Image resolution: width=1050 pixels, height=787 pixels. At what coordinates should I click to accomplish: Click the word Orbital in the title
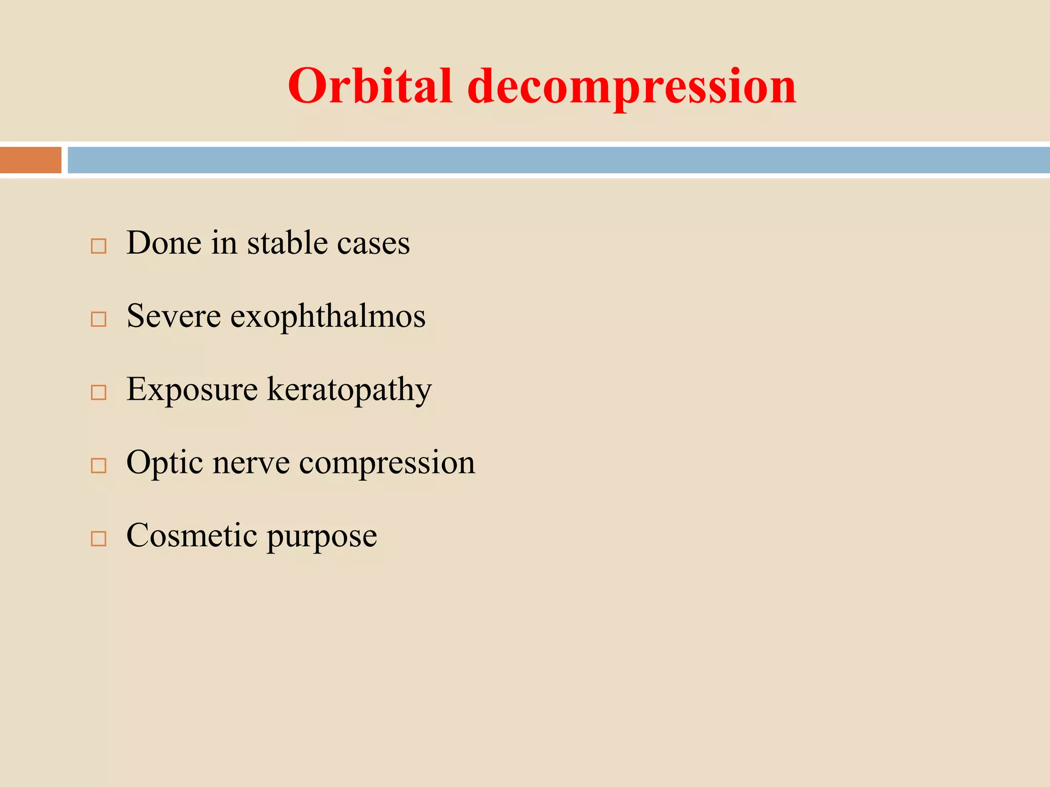coord(370,86)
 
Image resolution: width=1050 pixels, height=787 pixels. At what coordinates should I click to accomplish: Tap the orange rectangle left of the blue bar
coord(31,160)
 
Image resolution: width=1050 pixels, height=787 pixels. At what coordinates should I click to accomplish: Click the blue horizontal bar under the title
coord(559,160)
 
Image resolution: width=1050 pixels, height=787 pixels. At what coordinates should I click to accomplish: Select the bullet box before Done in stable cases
coord(98,246)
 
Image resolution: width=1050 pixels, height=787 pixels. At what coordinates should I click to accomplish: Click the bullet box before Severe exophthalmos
coord(98,319)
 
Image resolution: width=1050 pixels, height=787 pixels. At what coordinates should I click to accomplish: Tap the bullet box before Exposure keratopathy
coord(98,392)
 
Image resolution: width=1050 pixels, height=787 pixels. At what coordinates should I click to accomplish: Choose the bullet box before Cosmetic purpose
coord(98,539)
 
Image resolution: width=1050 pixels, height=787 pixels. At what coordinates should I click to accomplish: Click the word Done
coord(164,243)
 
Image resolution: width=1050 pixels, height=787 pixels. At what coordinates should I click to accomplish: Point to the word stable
coord(287,243)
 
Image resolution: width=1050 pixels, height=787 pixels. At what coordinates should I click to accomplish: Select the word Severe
coord(174,316)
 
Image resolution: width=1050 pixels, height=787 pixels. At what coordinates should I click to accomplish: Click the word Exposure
coord(192,389)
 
